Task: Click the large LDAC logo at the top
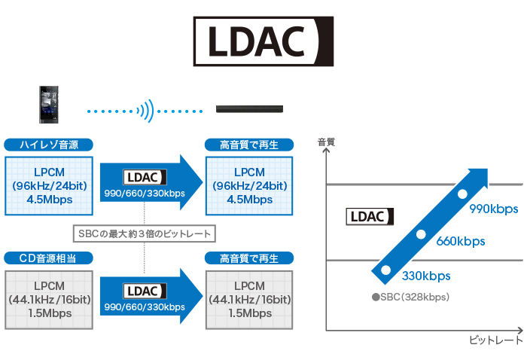pos(263,42)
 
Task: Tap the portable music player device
pos(49,105)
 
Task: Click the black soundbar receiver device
pos(249,109)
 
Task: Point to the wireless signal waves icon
pos(147,111)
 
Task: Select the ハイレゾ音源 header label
pos(48,145)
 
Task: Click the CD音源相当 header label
pos(48,258)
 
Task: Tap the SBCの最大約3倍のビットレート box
pos(144,233)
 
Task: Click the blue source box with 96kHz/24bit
pos(48,185)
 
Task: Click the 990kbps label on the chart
pos(494,209)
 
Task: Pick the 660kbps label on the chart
pos(461,242)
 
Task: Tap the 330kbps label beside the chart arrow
pos(426,275)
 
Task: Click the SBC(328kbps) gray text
pos(410,297)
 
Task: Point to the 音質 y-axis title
pos(326,141)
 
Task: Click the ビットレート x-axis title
pos(495,340)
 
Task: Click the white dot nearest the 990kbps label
pos(463,195)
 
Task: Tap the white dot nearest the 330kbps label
pos(386,270)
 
